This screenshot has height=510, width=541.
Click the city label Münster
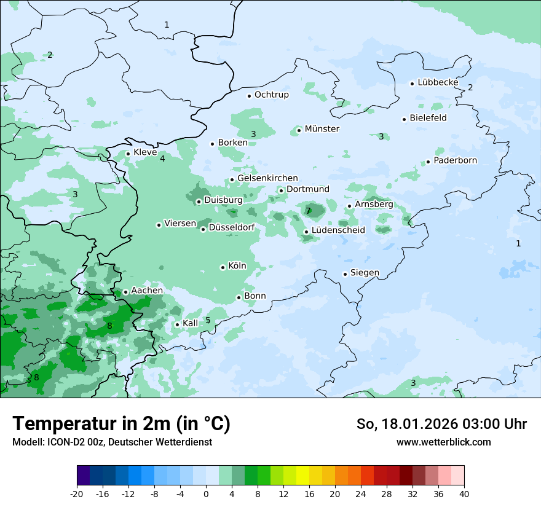(322, 129)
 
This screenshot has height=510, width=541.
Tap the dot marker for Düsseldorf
(203, 229)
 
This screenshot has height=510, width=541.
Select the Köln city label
(237, 266)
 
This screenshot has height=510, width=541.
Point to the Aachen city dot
(125, 292)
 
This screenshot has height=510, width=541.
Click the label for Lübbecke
(438, 82)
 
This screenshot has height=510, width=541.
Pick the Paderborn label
(455, 160)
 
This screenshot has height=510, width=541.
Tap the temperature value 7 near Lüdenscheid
(308, 211)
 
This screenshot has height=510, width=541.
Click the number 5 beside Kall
(208, 320)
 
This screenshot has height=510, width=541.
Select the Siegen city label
(365, 273)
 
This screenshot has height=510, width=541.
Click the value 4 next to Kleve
(162, 159)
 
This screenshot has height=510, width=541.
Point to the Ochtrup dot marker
(250, 96)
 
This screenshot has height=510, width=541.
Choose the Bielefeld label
(428, 118)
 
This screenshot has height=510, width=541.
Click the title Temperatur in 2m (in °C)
(121, 423)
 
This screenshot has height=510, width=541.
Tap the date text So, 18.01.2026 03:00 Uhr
(441, 424)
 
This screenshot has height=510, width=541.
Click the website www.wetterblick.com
(443, 442)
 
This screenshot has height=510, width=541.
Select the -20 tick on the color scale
(77, 493)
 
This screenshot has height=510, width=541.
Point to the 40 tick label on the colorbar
(464, 493)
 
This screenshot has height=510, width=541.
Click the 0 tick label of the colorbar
(206, 493)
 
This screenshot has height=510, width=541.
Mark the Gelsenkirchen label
(267, 178)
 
